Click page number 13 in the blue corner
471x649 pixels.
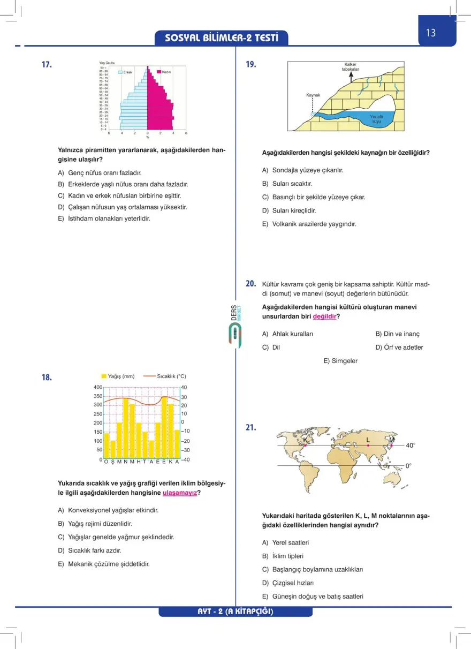(x=431, y=33)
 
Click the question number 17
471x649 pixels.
(x=47, y=65)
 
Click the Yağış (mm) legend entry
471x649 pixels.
(x=118, y=376)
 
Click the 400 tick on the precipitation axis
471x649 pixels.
(x=98, y=387)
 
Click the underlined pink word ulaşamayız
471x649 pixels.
(x=179, y=493)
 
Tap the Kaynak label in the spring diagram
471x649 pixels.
(x=313, y=95)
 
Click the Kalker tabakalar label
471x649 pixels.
(x=351, y=67)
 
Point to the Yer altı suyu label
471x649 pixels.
(x=376, y=118)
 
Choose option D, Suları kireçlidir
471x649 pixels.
(x=289, y=210)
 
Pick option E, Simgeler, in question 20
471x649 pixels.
(x=340, y=361)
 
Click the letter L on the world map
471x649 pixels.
(x=368, y=440)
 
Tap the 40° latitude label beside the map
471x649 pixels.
(x=411, y=445)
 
